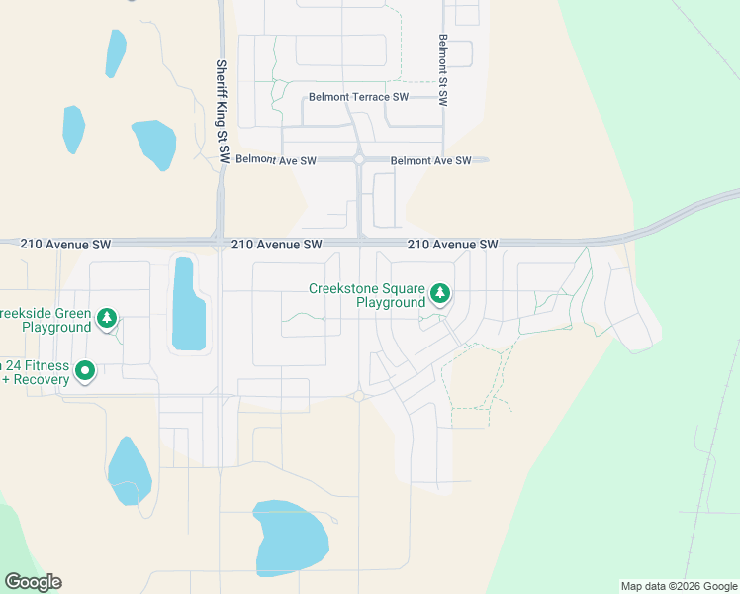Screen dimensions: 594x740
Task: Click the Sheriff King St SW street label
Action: [x=223, y=111]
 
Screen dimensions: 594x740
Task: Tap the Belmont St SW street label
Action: [x=444, y=70]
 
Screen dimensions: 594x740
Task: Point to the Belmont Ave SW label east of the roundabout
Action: [x=430, y=160]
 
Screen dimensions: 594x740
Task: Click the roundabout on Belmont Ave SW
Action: [x=359, y=159]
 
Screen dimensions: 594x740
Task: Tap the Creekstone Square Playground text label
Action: [x=366, y=296]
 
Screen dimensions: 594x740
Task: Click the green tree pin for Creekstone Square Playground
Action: [x=440, y=294]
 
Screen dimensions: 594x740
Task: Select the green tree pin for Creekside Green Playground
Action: [x=107, y=319]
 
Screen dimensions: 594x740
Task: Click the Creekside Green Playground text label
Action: [x=44, y=319]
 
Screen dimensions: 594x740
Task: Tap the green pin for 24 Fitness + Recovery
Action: [x=85, y=371]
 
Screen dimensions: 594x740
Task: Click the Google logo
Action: [x=33, y=582]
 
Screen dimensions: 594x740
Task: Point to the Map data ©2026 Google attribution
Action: [x=678, y=586]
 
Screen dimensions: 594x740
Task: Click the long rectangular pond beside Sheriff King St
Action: [x=187, y=305]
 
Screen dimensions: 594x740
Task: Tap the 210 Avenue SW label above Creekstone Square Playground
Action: [x=452, y=244]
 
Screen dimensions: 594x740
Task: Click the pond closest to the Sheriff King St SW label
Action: [x=154, y=144]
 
